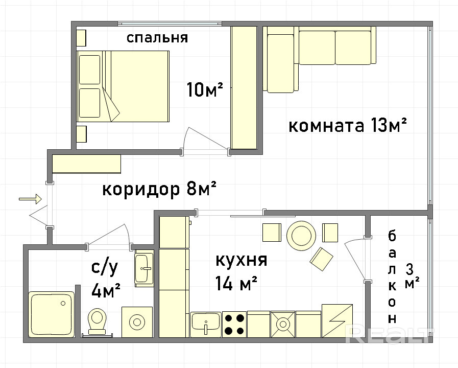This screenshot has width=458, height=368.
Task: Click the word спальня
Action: [x=157, y=38]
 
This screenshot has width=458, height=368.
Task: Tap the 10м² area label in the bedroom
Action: [x=205, y=89]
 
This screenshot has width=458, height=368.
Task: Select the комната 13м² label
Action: [x=348, y=126]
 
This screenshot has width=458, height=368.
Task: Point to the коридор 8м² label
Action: [x=159, y=190]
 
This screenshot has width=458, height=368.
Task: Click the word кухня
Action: [x=242, y=260]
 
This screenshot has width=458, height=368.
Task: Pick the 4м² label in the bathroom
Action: [x=106, y=290]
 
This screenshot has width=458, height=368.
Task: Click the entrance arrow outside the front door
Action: [x=30, y=199]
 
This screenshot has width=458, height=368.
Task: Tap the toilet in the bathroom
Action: [x=97, y=321]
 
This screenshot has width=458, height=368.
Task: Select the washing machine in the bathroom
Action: [x=137, y=322]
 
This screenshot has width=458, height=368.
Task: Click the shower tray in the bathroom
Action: [x=52, y=314]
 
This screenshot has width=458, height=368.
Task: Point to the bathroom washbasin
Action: [x=144, y=268]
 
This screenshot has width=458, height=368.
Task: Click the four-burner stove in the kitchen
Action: [x=234, y=325]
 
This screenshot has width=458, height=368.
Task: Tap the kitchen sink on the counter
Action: [x=206, y=325]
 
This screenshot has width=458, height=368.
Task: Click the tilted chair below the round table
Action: [x=321, y=259]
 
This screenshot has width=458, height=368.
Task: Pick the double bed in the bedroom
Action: [x=123, y=86]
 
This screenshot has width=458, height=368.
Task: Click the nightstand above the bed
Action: [x=82, y=38]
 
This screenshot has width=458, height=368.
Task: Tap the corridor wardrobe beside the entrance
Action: [x=86, y=164]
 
